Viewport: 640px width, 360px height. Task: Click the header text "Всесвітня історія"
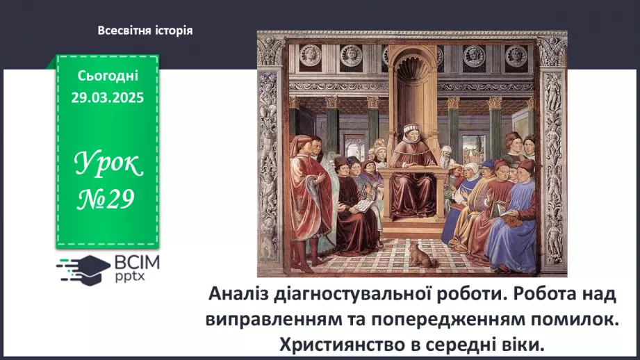145,31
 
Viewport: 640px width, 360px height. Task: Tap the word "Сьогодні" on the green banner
108,76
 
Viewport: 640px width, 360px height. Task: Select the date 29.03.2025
108,97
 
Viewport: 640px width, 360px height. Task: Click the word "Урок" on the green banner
108,165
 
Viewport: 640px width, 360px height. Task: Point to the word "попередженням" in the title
454,319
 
